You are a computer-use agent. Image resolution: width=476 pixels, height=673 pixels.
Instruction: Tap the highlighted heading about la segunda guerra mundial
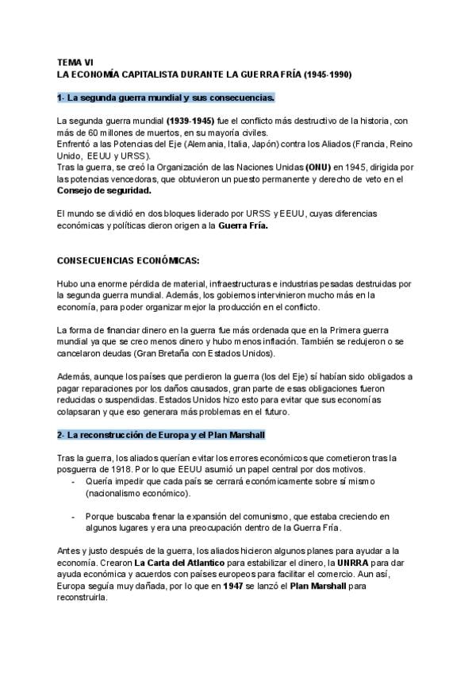(166, 97)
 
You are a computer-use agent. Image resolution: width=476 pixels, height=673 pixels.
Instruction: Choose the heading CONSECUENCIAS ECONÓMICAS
(129, 260)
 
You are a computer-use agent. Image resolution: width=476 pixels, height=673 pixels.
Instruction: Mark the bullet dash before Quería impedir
(75, 482)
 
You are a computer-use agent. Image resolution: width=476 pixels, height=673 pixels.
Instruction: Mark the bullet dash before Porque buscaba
(75, 517)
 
